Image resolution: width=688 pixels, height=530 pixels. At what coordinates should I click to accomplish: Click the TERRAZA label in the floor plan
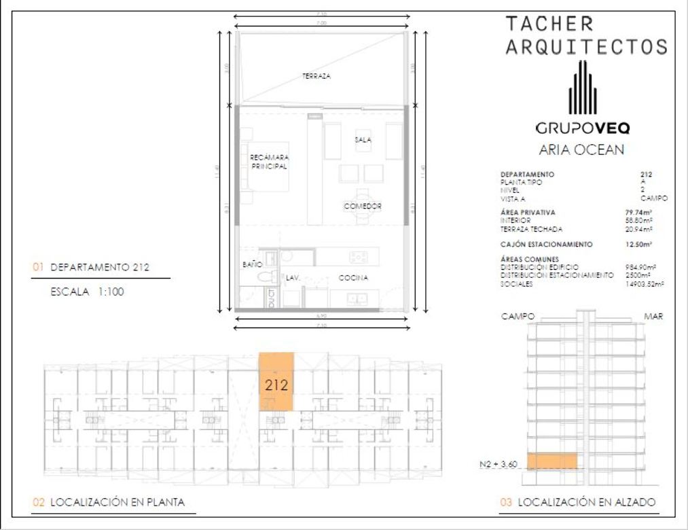click(316, 77)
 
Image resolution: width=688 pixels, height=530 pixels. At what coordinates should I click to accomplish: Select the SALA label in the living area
click(363, 139)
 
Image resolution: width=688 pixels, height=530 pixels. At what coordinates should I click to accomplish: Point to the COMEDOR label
click(362, 206)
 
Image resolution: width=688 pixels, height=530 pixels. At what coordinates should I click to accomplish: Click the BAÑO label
click(251, 264)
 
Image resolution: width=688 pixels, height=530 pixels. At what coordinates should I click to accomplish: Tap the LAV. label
click(293, 278)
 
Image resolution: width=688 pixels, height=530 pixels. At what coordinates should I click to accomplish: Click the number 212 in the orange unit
click(276, 385)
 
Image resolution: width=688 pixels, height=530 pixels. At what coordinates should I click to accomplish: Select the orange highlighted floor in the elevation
click(552, 461)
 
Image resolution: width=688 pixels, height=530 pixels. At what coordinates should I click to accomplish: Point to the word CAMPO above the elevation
click(519, 317)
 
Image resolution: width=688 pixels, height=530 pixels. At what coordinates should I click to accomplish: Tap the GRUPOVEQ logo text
click(582, 128)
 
